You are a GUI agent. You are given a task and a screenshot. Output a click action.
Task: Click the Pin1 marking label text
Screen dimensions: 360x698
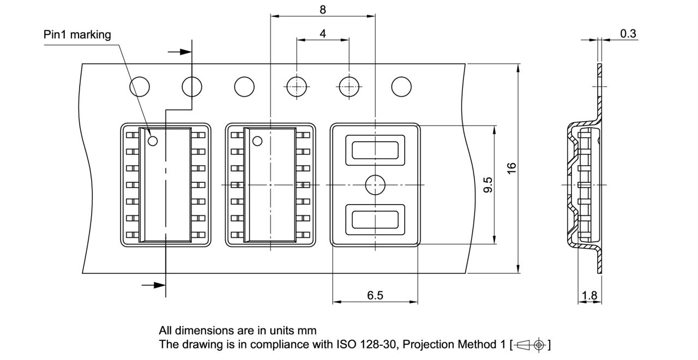point(77,35)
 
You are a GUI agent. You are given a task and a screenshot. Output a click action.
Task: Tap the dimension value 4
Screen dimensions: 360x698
point(323,33)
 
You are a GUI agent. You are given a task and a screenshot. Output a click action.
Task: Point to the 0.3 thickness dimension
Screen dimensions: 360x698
point(628,33)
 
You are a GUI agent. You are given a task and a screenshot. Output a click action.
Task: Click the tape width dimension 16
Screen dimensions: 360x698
point(512,168)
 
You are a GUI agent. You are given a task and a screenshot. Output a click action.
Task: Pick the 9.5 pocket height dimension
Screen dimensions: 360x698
point(488,184)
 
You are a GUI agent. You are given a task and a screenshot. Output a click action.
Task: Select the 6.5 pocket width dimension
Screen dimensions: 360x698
point(375,295)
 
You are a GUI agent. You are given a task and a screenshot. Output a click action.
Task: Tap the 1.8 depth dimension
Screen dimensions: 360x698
point(589,296)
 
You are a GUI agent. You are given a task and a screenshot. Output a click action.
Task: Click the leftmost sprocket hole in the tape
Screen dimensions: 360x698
point(140,86)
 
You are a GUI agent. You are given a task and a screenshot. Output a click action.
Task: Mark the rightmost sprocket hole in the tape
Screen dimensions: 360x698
point(402,86)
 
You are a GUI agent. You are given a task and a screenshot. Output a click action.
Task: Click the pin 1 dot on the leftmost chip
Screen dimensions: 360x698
point(153,141)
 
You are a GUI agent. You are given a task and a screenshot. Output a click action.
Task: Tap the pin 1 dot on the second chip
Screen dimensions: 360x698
point(257,141)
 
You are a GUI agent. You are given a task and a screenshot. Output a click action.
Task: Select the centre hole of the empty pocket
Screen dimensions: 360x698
point(375,184)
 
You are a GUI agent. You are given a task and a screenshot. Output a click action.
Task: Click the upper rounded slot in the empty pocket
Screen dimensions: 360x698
point(375,150)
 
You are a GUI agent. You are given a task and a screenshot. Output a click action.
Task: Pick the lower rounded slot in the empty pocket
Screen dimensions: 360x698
point(375,219)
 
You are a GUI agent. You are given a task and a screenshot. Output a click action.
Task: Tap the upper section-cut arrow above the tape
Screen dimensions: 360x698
point(180,52)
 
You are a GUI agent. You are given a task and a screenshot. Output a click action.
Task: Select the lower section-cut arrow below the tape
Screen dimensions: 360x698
point(153,285)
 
